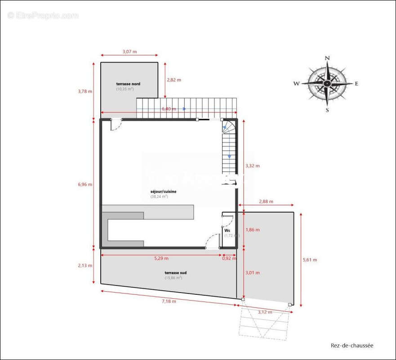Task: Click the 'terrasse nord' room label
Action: click(128, 84)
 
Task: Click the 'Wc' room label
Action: click(227, 230)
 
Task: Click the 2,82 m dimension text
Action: click(174, 80)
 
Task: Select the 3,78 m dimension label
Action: click(85, 91)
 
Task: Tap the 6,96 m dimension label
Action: click(85, 184)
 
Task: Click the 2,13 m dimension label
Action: click(85, 265)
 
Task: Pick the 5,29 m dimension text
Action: click(161, 258)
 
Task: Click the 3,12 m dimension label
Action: click(265, 312)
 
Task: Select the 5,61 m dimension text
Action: click(310, 260)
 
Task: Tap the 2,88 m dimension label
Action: click(266, 202)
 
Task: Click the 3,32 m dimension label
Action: click(253, 166)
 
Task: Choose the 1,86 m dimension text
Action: click(253, 229)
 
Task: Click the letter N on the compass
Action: click(328, 58)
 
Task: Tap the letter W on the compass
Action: click(297, 83)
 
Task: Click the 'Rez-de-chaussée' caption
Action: click(352, 346)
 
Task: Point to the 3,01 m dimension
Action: click(253, 272)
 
